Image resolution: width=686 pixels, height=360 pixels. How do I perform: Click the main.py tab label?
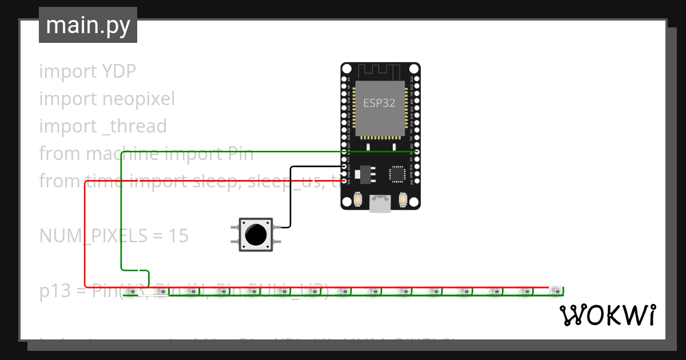(87, 25)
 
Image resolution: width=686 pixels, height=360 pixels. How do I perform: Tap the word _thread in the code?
(134, 126)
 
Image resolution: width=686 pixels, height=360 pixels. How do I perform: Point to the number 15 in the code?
(178, 236)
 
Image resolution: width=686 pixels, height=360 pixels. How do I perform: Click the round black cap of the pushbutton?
(255, 234)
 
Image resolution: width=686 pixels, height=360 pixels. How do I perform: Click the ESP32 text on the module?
(379, 103)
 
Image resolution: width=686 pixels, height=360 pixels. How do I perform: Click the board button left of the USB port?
(358, 199)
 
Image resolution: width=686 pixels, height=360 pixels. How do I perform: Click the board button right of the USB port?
(402, 199)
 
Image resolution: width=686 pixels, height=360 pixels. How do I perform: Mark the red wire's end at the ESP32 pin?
(345, 181)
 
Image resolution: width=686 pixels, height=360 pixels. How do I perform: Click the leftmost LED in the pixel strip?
(131, 292)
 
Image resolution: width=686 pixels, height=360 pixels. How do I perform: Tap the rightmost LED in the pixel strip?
(554, 292)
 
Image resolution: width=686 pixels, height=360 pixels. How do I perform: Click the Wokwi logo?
(607, 315)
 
